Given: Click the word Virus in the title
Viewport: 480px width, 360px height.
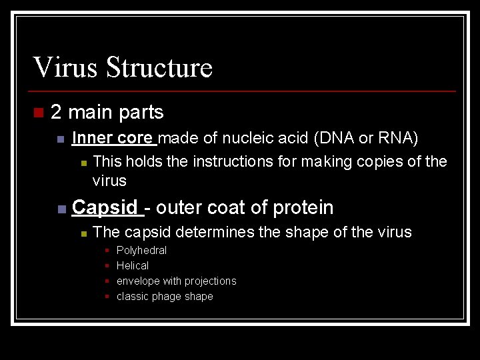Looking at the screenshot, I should click(x=65, y=67).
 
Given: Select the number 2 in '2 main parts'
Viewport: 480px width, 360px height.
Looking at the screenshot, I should click(x=56, y=112).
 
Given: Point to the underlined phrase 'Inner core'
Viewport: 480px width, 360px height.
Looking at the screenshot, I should click(x=113, y=138).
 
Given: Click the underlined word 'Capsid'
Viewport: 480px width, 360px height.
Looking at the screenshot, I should click(x=105, y=207).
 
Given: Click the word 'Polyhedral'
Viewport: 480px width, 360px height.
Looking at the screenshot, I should click(x=141, y=251).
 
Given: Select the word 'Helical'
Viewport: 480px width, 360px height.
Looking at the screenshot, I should click(x=133, y=265).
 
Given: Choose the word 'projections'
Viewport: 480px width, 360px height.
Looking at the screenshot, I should click(x=208, y=281).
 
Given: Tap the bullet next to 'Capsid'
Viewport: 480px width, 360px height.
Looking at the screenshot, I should click(x=61, y=209).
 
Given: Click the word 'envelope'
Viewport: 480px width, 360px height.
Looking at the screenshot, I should click(x=138, y=281).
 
